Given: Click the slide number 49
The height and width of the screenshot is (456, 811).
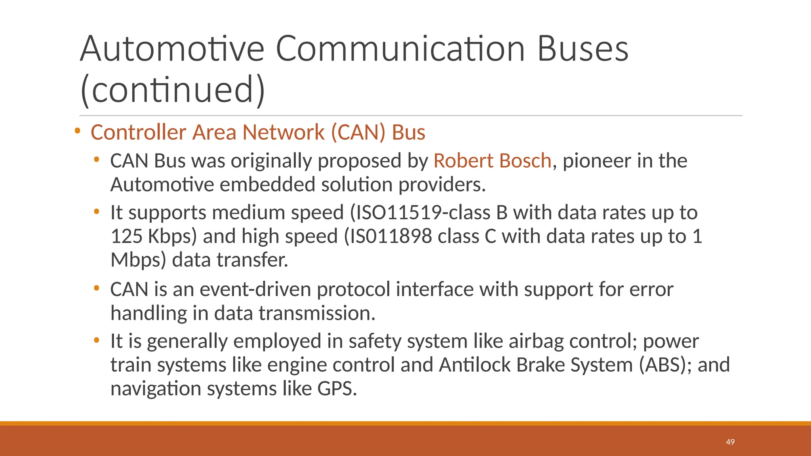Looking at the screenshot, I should (730, 442).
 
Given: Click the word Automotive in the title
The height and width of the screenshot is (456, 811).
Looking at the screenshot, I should (172, 49).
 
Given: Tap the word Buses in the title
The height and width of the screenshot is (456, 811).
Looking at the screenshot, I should (583, 49).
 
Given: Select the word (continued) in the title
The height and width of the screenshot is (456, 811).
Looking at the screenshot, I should (172, 89).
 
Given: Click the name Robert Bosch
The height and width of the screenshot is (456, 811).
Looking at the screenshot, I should (492, 161).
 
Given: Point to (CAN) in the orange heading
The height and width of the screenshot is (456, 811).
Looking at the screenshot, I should (358, 132).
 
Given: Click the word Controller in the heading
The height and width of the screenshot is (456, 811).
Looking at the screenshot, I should (138, 132).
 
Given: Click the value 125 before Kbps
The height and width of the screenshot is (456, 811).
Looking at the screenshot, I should (126, 236).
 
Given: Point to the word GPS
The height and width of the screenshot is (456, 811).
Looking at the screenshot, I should (337, 389).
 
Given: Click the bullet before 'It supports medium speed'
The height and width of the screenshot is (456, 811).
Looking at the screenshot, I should (96, 212).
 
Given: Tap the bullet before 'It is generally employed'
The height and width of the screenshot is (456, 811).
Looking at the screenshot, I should (96, 340).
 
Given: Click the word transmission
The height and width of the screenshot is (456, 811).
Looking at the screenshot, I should (317, 313).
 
